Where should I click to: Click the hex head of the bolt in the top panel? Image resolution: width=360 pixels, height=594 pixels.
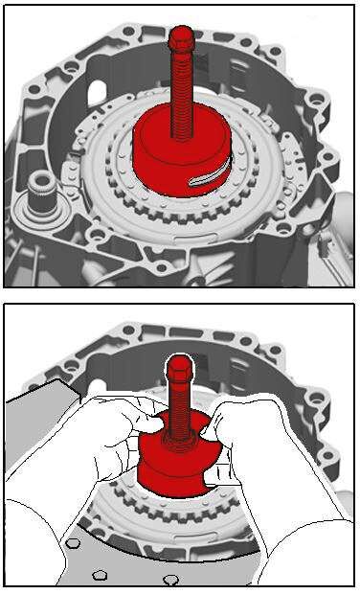[x=179, y=41]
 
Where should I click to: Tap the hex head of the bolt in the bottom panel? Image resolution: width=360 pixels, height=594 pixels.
[x=179, y=369]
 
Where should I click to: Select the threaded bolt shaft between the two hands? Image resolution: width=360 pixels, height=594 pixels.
[x=180, y=412]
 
